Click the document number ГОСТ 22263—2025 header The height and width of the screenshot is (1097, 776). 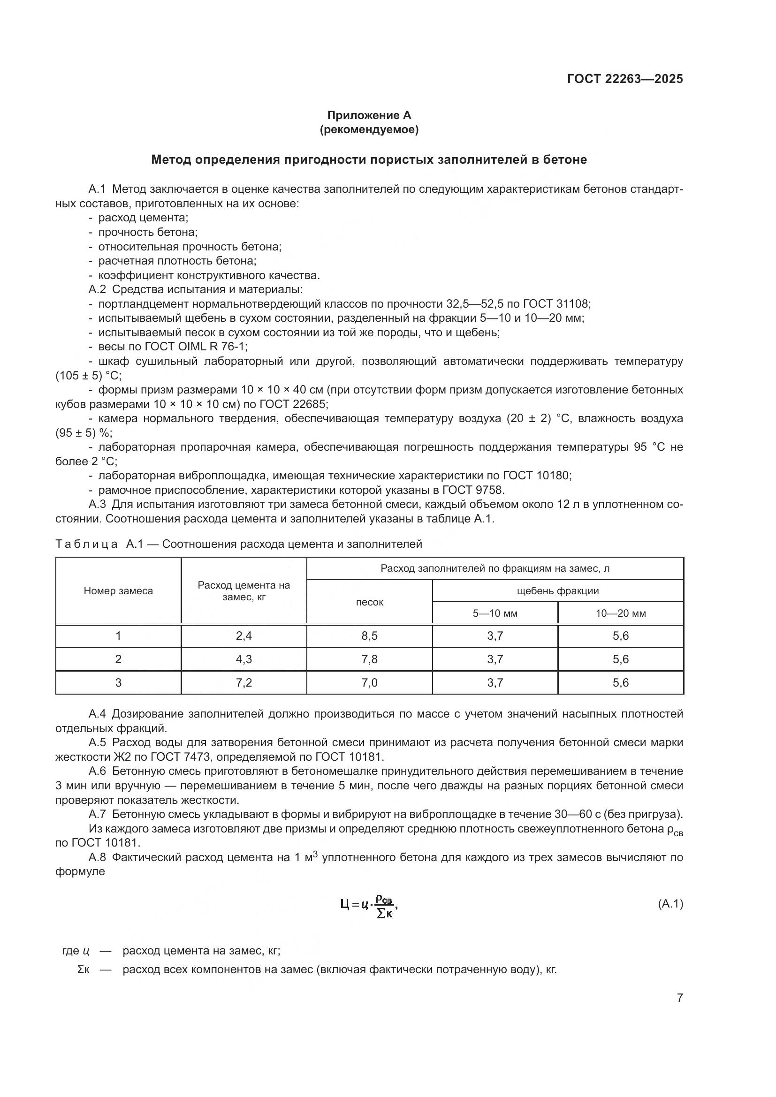point(625,79)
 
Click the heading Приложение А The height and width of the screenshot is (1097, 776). point(369,115)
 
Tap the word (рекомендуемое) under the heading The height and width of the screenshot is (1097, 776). point(369,129)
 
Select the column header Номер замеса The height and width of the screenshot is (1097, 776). point(118,590)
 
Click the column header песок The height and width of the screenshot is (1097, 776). point(369,602)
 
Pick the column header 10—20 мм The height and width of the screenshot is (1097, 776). point(620,613)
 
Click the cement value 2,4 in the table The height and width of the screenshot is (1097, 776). point(243,636)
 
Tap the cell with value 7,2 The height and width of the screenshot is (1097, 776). point(243,682)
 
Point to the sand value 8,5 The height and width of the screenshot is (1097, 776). point(369,636)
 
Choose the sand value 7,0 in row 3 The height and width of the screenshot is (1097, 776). point(369,682)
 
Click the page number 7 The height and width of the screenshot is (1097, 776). point(679,998)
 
